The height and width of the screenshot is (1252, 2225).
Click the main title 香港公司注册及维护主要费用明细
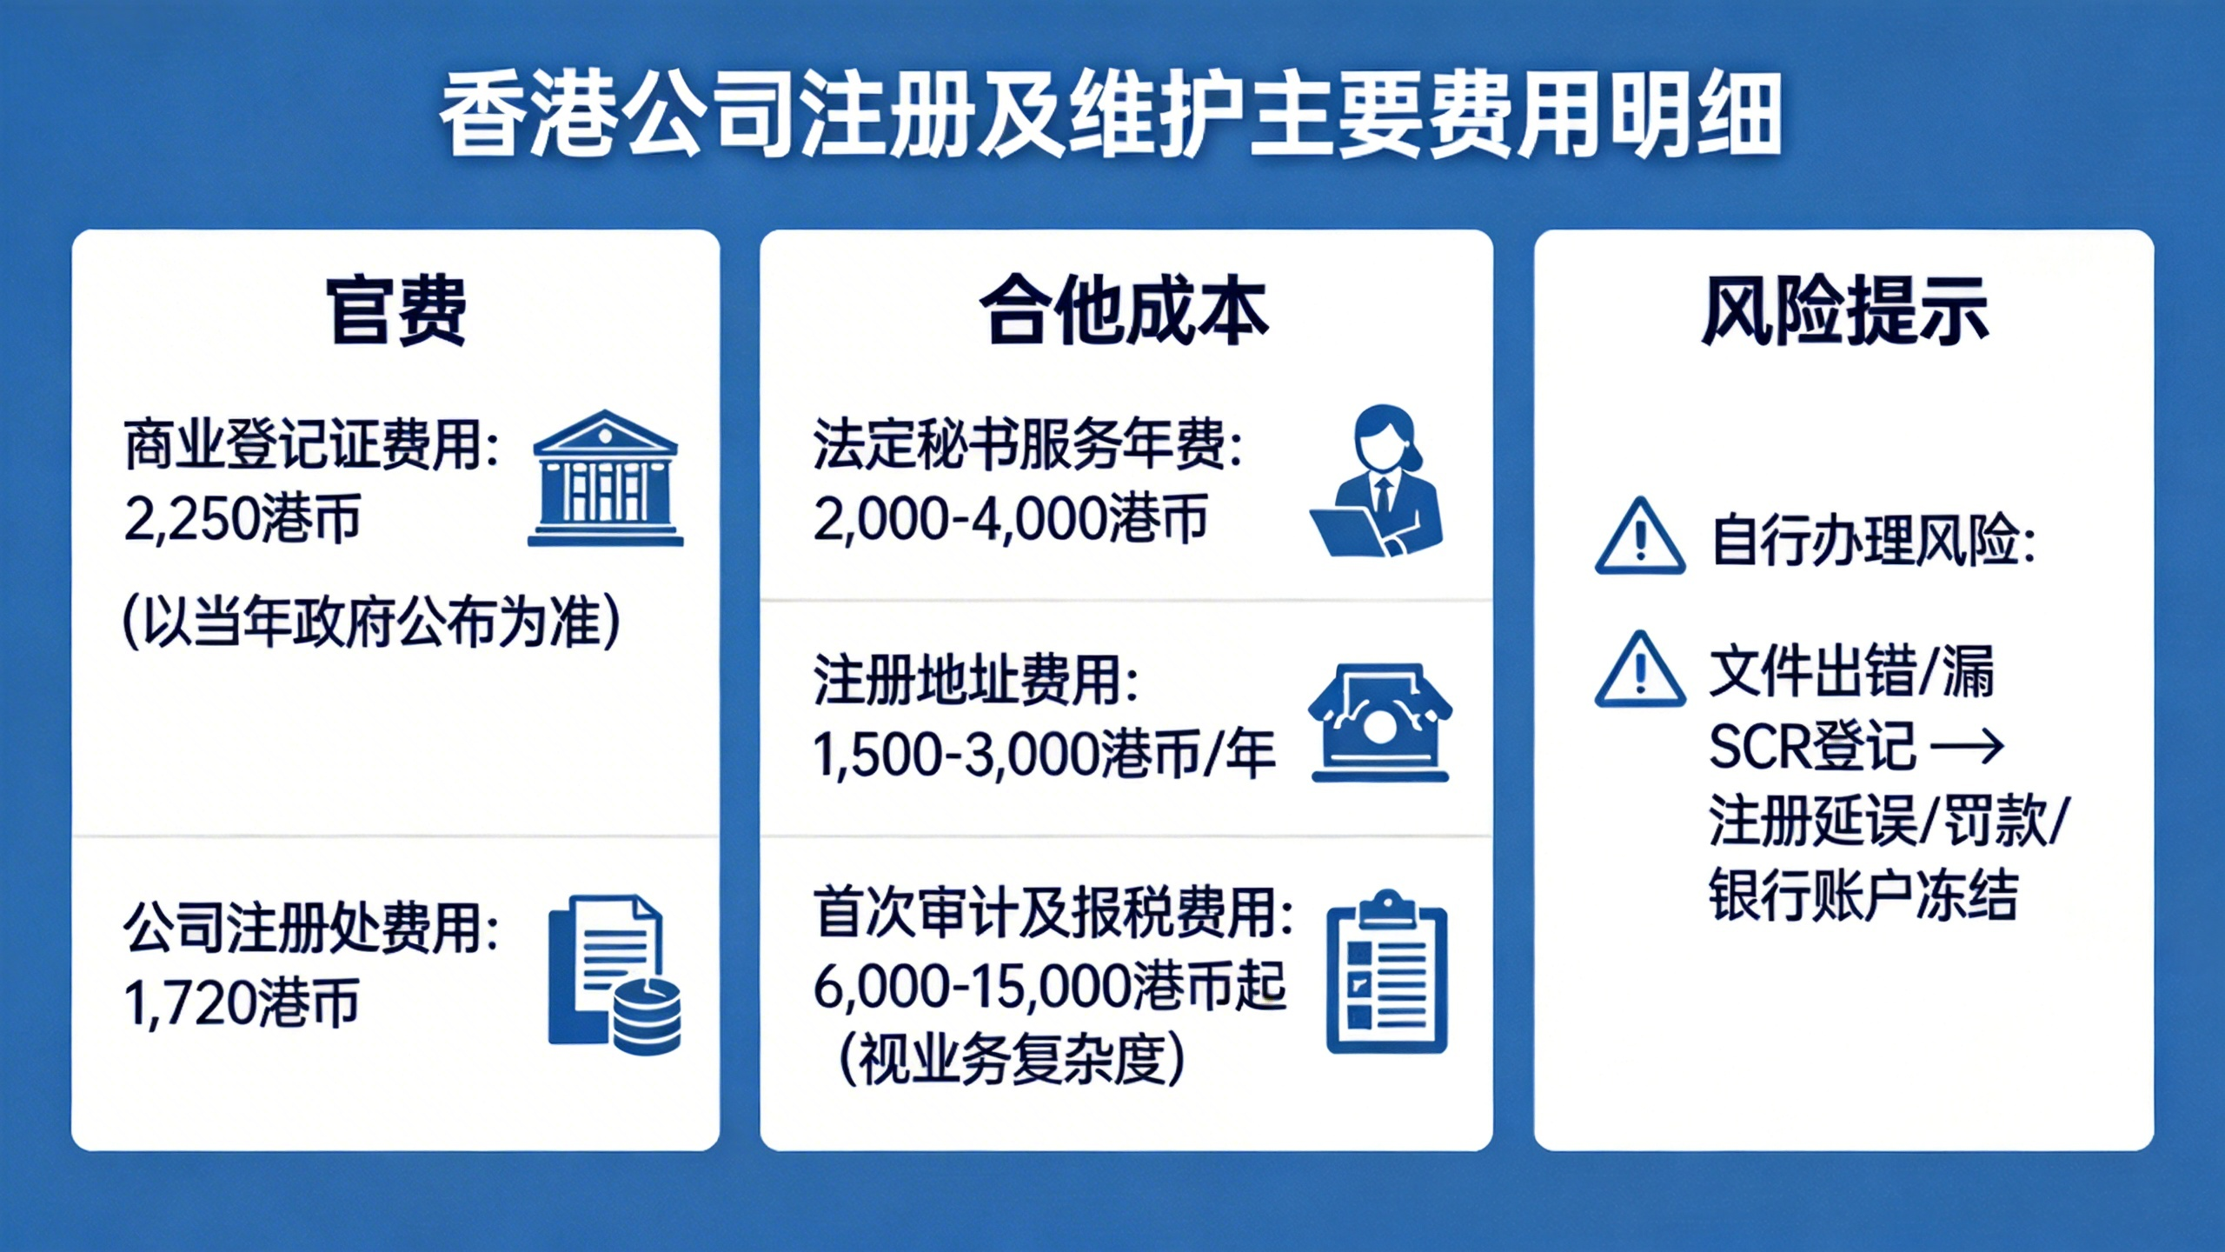click(1112, 116)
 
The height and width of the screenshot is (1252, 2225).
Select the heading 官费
click(396, 310)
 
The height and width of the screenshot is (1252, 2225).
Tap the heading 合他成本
click(1125, 310)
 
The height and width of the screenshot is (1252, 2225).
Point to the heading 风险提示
click(1844, 310)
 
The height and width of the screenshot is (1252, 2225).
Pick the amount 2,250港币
click(242, 519)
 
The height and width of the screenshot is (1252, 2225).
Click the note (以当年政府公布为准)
click(372, 622)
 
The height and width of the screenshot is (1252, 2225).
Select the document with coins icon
click(614, 975)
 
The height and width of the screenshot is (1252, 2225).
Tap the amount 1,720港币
click(241, 1002)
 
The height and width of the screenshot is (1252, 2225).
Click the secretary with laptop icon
click(1377, 481)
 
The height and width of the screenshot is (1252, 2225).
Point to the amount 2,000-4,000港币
click(1011, 519)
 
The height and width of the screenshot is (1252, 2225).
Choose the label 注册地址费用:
click(976, 680)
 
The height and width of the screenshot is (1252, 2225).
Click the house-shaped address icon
click(1380, 722)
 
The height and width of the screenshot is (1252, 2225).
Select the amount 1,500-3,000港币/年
click(1044, 754)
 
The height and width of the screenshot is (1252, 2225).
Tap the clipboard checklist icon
click(1387, 971)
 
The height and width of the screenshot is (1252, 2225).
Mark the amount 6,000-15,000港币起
click(1050, 987)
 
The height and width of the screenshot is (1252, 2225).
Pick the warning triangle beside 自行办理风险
click(1640, 536)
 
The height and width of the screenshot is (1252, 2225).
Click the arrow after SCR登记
click(1967, 746)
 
